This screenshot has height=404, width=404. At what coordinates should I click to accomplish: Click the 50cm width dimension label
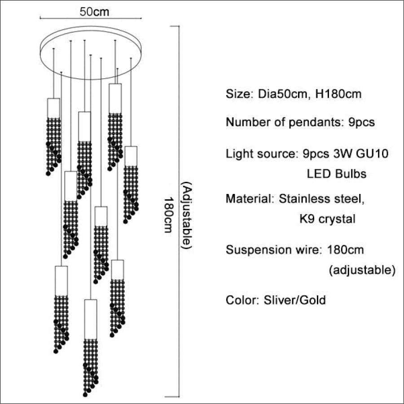coord(94,12)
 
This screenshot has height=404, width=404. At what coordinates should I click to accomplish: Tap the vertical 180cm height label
coord(168,215)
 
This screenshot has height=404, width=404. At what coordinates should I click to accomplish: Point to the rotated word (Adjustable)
coord(187,215)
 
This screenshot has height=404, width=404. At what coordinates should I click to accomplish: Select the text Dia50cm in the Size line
coord(283,94)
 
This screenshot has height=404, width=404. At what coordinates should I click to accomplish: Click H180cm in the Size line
coord(338,94)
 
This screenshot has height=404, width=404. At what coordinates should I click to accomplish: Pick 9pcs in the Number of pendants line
coord(361,122)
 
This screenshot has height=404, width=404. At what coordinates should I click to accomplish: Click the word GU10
coord(372,154)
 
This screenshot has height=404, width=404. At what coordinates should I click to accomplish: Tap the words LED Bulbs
coord(337,174)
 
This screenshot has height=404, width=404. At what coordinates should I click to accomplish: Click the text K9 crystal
coord(327,219)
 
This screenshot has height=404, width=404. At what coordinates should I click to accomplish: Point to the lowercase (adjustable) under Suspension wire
coord(362,270)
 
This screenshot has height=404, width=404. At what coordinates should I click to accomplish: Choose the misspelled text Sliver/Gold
coord(294,300)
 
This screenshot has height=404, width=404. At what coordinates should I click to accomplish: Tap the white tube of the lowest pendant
coord(91,319)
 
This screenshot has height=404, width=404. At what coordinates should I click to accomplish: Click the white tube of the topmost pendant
coord(115,98)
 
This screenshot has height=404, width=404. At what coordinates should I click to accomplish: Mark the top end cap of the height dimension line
coord(175,26)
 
